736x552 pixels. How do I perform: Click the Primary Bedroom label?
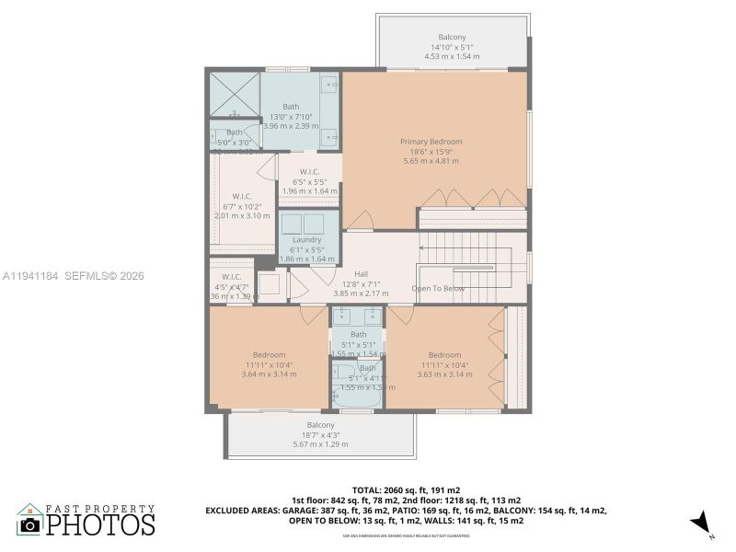431,142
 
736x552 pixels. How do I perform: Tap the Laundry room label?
306,239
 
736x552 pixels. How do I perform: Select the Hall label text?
362,272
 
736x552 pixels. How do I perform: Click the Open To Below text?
438,289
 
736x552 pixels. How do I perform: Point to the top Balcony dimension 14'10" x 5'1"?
452,47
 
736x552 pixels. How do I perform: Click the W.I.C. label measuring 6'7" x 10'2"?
242,195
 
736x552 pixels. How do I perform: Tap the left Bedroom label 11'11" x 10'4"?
269,354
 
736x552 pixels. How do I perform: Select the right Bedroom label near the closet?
443,354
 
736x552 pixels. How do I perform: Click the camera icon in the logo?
30,523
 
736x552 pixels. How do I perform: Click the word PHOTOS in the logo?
100,524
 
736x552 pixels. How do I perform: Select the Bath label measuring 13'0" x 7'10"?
291,107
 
